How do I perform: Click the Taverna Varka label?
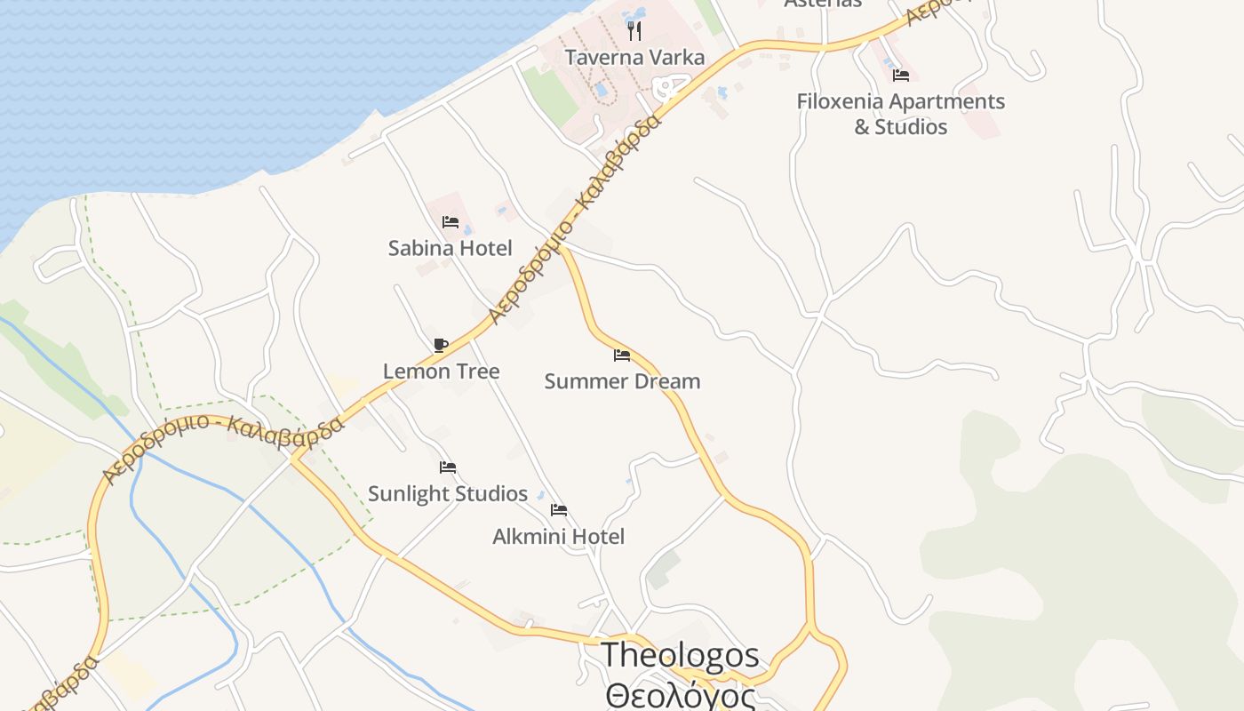click(x=634, y=58)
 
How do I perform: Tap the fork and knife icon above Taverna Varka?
click(x=634, y=31)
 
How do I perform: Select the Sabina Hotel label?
click(x=450, y=248)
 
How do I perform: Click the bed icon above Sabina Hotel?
click(x=451, y=222)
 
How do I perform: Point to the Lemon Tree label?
click(x=441, y=371)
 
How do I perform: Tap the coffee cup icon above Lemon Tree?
click(x=440, y=345)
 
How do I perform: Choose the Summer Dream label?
click(x=622, y=381)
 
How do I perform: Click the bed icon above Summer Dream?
click(x=622, y=355)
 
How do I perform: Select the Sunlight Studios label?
click(x=448, y=493)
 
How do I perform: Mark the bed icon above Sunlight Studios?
click(x=448, y=467)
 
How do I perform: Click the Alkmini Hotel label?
click(x=558, y=536)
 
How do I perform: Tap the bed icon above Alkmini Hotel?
click(x=559, y=510)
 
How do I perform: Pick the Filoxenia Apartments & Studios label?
click(x=900, y=114)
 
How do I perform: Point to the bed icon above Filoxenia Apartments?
click(x=901, y=76)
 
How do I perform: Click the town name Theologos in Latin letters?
click(x=681, y=655)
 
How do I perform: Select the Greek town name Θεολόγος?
click(x=681, y=694)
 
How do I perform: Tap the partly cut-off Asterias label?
click(x=823, y=4)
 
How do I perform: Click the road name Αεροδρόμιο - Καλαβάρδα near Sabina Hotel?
click(x=575, y=219)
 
